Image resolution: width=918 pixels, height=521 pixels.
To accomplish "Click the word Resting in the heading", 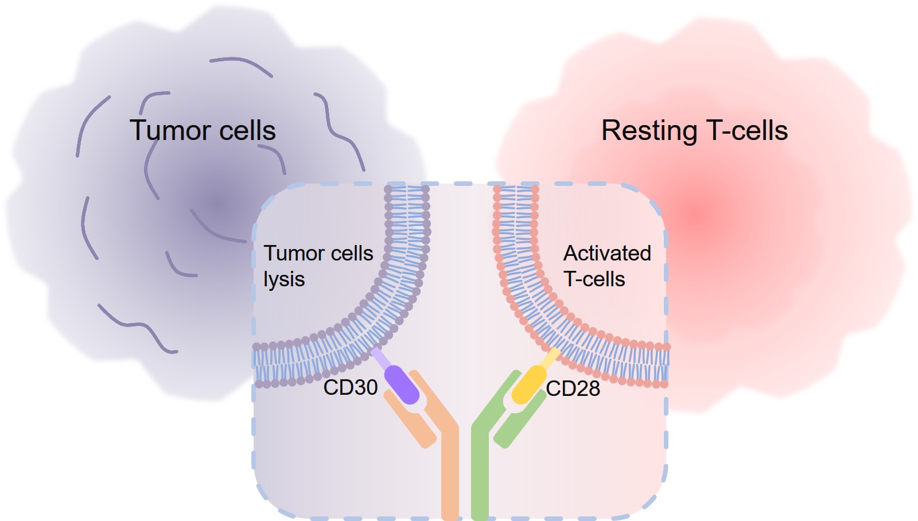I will tap(648, 131).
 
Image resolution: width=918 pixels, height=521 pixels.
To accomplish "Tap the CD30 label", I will tap(350, 387).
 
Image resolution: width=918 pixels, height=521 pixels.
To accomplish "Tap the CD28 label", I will tap(573, 388).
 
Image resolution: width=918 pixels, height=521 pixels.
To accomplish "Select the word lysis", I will tap(284, 280).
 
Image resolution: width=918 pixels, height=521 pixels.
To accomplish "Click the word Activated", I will tap(607, 253).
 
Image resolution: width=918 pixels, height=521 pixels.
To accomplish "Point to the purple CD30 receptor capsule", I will tap(402, 384).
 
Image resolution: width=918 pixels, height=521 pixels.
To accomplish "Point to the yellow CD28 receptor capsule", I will tap(528, 384).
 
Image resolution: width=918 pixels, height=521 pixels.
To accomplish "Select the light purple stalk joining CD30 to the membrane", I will tap(380, 358).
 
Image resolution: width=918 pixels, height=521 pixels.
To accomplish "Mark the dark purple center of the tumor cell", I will tap(218, 204).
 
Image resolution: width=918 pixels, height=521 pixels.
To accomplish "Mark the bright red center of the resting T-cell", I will tap(697, 215).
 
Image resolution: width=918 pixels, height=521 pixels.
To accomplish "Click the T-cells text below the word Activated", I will tap(594, 279).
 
